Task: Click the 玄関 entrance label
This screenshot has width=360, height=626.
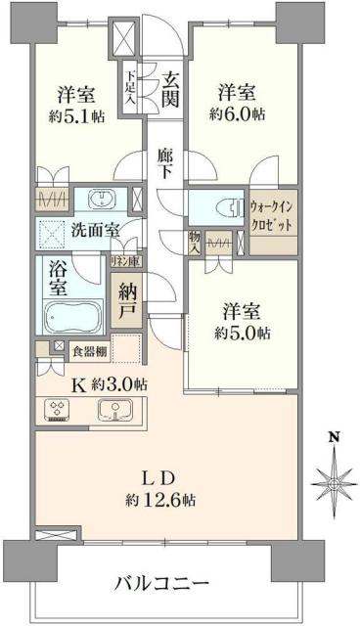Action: click(170, 85)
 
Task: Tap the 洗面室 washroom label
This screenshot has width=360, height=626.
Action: click(95, 231)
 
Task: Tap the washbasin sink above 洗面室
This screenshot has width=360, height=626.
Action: click(99, 200)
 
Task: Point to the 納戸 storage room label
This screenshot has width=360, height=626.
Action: click(129, 302)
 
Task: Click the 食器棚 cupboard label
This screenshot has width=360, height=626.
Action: click(88, 347)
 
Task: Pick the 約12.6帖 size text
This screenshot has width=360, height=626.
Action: click(160, 499)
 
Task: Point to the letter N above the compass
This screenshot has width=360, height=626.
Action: click(334, 437)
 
